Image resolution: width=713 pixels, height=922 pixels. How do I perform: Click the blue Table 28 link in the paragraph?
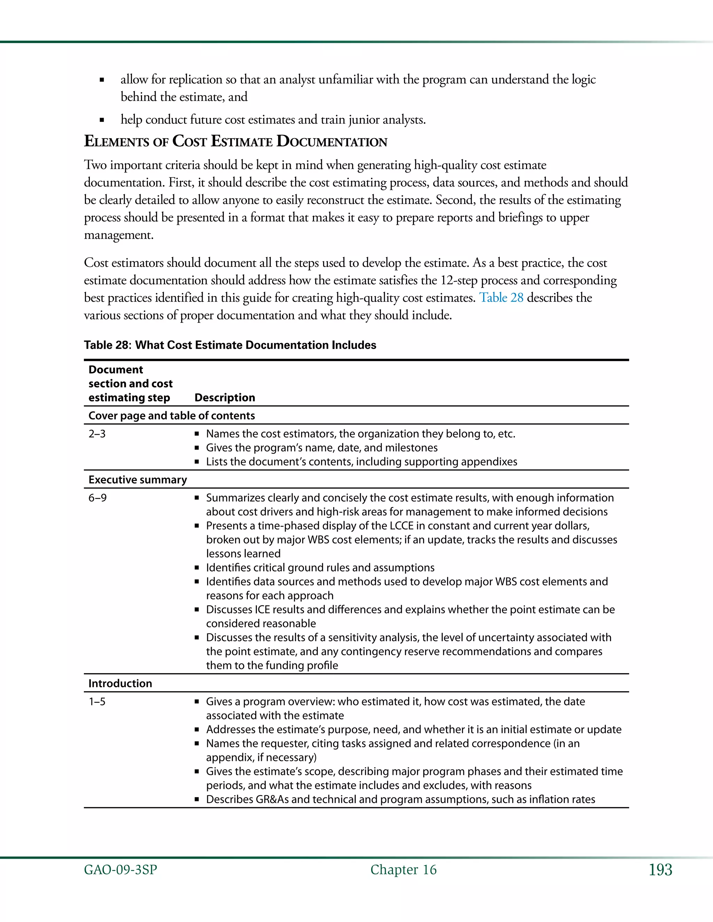coord(501,297)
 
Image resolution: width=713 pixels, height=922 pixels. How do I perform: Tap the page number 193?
coord(660,870)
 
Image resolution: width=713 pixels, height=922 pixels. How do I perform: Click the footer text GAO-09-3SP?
coord(120,870)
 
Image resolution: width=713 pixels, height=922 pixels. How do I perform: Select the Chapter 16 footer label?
coord(403,870)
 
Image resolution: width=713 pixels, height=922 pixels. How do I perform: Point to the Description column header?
coord(225,398)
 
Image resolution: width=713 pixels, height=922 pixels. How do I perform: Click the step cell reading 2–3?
coord(97,434)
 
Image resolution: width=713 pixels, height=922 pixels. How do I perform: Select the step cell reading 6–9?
coord(97,498)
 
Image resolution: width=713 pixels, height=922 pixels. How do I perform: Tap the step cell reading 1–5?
coord(97,702)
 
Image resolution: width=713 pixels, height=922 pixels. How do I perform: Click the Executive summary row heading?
coord(138,480)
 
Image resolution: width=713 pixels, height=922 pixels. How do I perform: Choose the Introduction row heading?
coord(120,683)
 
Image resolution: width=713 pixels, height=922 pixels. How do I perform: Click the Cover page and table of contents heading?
coord(172,416)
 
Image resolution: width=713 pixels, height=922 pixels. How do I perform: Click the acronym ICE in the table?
coord(262,610)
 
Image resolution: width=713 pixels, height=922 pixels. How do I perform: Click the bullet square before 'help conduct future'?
coord(102,120)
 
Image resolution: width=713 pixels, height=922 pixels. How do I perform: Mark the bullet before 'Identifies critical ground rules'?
coord(196,568)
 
